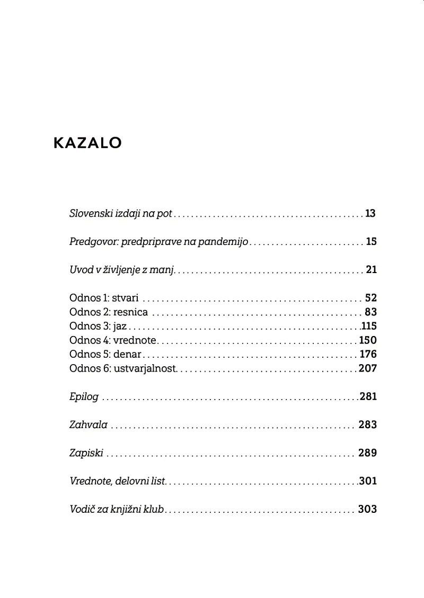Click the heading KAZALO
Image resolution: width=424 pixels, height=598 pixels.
(87, 143)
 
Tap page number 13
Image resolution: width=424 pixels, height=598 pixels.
(370, 214)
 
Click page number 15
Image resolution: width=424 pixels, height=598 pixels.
(371, 242)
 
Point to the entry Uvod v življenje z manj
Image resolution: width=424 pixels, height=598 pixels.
(122, 270)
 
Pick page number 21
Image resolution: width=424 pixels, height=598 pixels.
(371, 270)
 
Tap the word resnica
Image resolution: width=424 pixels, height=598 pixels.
(130, 312)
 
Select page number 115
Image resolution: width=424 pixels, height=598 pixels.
(369, 326)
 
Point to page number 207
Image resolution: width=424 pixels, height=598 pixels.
(368, 368)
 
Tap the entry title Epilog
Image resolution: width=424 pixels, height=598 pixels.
(84, 397)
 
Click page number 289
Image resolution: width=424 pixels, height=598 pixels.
(367, 453)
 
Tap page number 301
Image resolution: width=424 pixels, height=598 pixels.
(368, 481)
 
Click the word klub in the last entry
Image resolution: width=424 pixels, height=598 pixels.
(154, 509)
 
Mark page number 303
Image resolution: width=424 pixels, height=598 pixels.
(367, 509)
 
